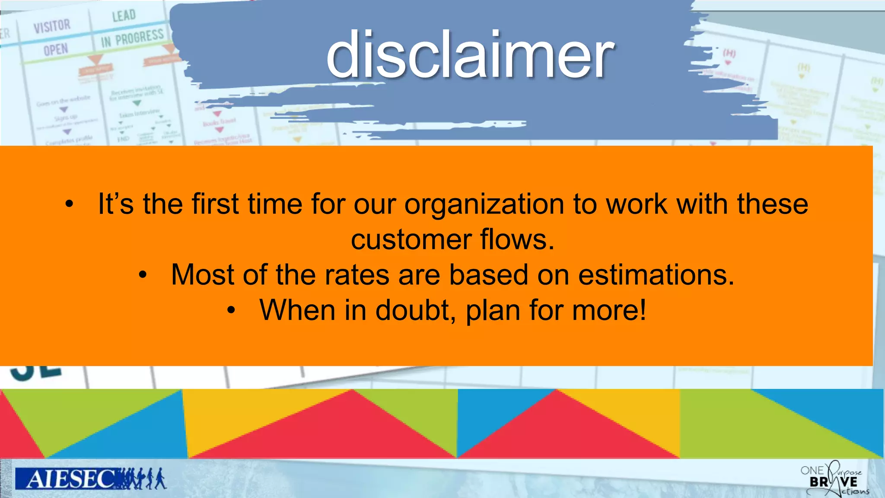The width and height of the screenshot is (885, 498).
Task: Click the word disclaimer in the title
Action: (x=470, y=55)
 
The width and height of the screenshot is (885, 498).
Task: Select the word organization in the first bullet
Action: (x=484, y=204)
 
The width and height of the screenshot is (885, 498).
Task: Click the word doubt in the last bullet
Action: (x=413, y=310)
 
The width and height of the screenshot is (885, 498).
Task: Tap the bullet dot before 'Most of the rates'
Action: (x=143, y=275)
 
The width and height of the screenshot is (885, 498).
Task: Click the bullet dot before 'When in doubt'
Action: (x=232, y=310)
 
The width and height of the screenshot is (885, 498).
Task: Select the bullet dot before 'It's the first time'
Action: (x=69, y=204)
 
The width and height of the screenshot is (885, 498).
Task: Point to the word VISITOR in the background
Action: (x=52, y=26)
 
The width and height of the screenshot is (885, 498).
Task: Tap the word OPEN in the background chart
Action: (x=56, y=50)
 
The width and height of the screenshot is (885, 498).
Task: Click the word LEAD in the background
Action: (x=124, y=16)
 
